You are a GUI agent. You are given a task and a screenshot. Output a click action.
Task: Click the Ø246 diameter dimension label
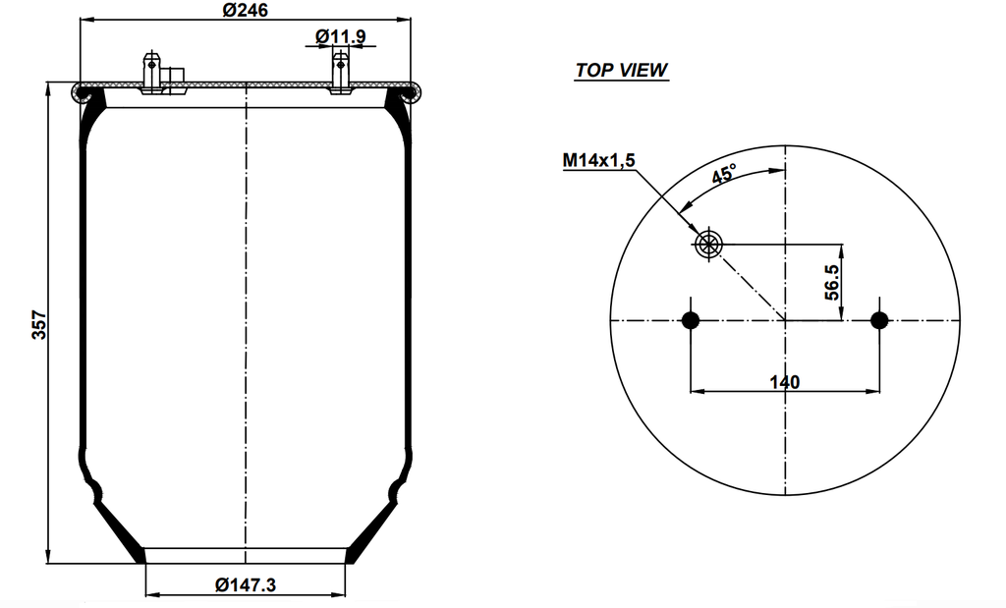tap(246, 10)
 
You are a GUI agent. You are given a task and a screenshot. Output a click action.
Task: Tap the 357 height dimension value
tap(38, 325)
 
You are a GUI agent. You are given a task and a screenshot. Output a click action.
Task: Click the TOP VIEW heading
tap(621, 71)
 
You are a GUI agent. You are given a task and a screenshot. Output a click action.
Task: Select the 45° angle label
tap(724, 175)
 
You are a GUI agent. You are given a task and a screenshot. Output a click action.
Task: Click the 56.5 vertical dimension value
tap(831, 282)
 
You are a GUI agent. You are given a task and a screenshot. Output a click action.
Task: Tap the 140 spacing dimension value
tap(785, 381)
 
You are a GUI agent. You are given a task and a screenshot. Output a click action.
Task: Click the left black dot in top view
tap(691, 320)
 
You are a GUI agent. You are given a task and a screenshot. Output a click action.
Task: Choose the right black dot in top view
tap(879, 320)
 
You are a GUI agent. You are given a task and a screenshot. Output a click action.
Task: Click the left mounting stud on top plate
tap(151, 72)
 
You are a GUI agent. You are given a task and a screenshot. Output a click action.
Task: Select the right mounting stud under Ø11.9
tap(340, 72)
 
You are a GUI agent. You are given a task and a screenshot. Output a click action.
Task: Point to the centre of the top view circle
tap(785, 320)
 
